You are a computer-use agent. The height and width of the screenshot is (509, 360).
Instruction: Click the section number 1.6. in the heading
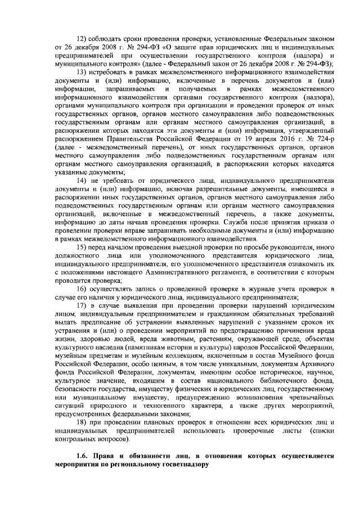click(x=83, y=456)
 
